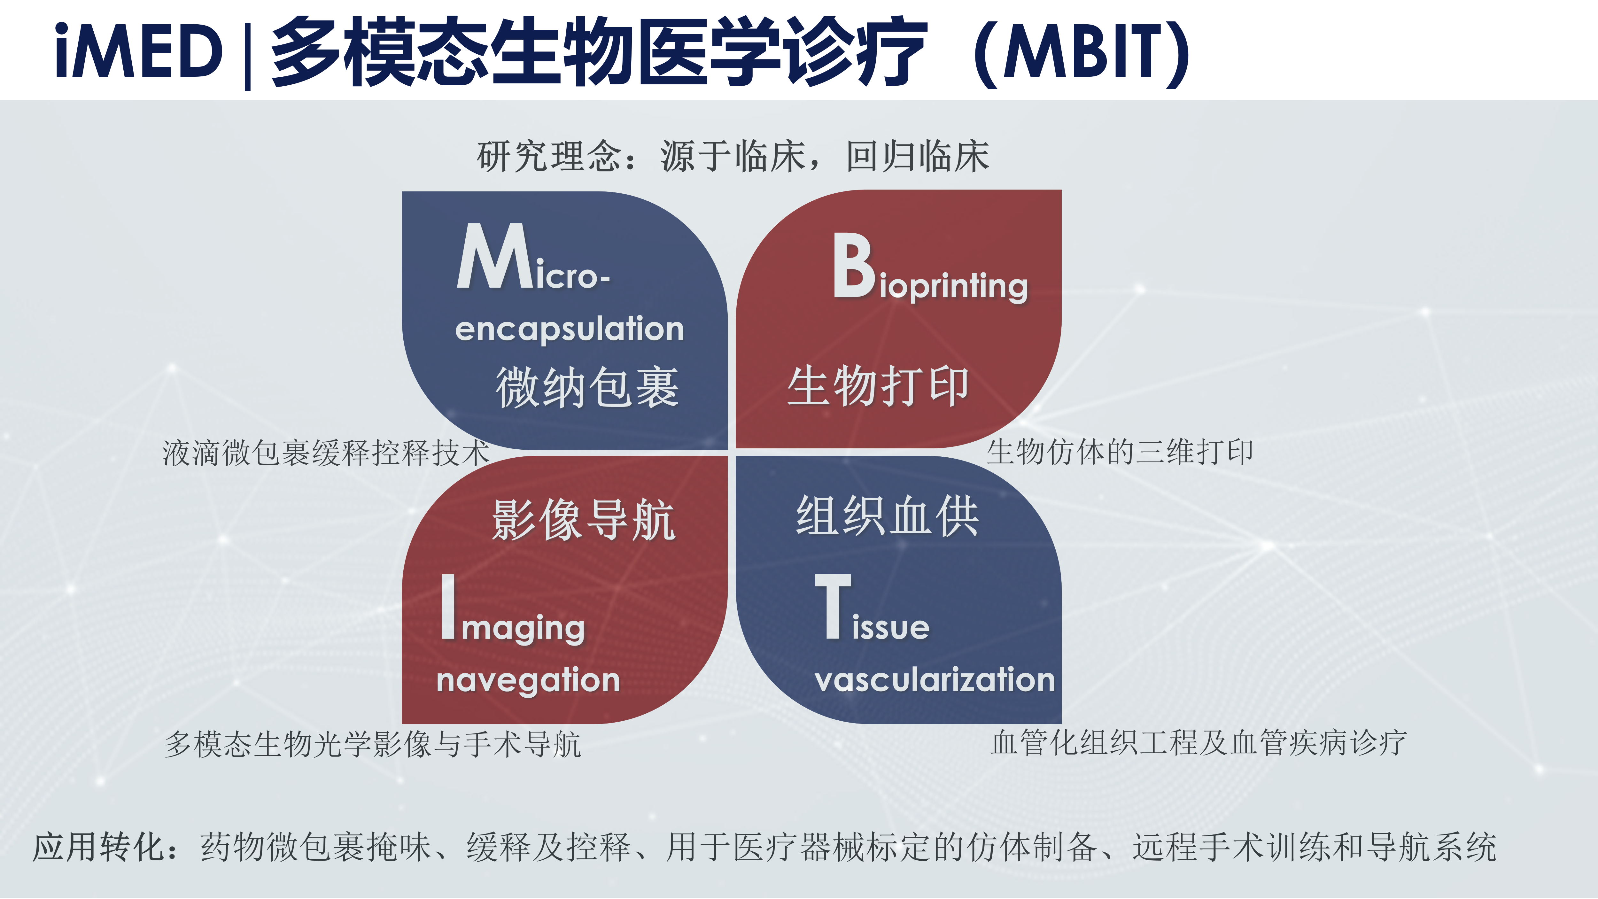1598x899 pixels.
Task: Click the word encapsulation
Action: pyautogui.click(x=570, y=329)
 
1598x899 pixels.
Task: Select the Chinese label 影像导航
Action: pyautogui.click(x=583, y=520)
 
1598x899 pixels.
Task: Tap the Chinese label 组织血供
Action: pyautogui.click(x=887, y=516)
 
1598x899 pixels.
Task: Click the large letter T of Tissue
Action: pyautogui.click(x=833, y=606)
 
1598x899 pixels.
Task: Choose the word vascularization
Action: pyautogui.click(x=935, y=679)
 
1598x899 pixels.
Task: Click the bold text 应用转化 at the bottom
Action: pyautogui.click(x=99, y=847)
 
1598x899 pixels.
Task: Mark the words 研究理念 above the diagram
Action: pyautogui.click(x=549, y=156)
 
